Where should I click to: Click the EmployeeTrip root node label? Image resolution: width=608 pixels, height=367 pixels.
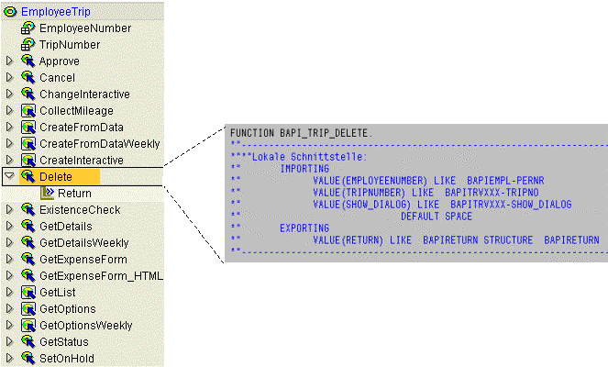[x=55, y=12]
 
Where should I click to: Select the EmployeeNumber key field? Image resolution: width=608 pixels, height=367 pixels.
[x=85, y=28]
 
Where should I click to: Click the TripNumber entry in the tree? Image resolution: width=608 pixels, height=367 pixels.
[x=70, y=45]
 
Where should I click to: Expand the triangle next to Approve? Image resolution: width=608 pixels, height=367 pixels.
[x=10, y=61]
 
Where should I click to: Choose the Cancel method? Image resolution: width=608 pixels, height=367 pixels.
[x=57, y=78]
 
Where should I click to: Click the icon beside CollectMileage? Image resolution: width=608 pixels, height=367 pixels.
[x=28, y=111]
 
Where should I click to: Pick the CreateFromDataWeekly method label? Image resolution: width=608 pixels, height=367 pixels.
[x=100, y=144]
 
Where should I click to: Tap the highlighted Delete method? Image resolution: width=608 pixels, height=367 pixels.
[x=56, y=177]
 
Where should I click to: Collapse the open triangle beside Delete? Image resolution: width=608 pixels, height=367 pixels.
[x=9, y=176]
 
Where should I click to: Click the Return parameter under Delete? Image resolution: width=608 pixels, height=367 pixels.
[x=74, y=194]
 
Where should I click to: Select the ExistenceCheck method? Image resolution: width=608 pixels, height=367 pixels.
[x=80, y=210]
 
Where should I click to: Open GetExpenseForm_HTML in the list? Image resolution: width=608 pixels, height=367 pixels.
[x=101, y=276]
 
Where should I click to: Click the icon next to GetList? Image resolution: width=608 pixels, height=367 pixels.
[x=28, y=293]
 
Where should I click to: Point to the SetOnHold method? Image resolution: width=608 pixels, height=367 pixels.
[x=67, y=359]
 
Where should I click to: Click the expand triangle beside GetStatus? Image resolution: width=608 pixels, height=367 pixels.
[x=10, y=341]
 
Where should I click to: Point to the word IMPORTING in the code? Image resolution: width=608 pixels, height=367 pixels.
[x=304, y=169]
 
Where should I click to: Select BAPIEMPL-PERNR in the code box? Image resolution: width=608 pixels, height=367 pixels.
[x=505, y=181]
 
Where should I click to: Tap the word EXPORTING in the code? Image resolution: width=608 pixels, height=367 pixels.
[x=304, y=228]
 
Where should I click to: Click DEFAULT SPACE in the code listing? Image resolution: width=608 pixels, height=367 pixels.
[x=437, y=217]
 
